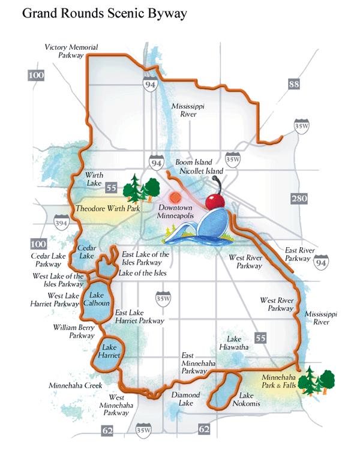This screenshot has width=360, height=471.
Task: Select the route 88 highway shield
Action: (293, 85)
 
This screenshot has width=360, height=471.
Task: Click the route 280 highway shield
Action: (298, 199)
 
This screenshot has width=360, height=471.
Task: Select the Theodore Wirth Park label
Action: (107, 208)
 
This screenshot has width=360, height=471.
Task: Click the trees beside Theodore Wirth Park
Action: (137, 190)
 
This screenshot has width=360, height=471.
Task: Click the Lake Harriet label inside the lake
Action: (110, 352)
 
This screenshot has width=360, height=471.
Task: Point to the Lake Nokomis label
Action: (250, 400)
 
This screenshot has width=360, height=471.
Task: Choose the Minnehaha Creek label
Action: (77, 386)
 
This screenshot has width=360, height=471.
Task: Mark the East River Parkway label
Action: (298, 254)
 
